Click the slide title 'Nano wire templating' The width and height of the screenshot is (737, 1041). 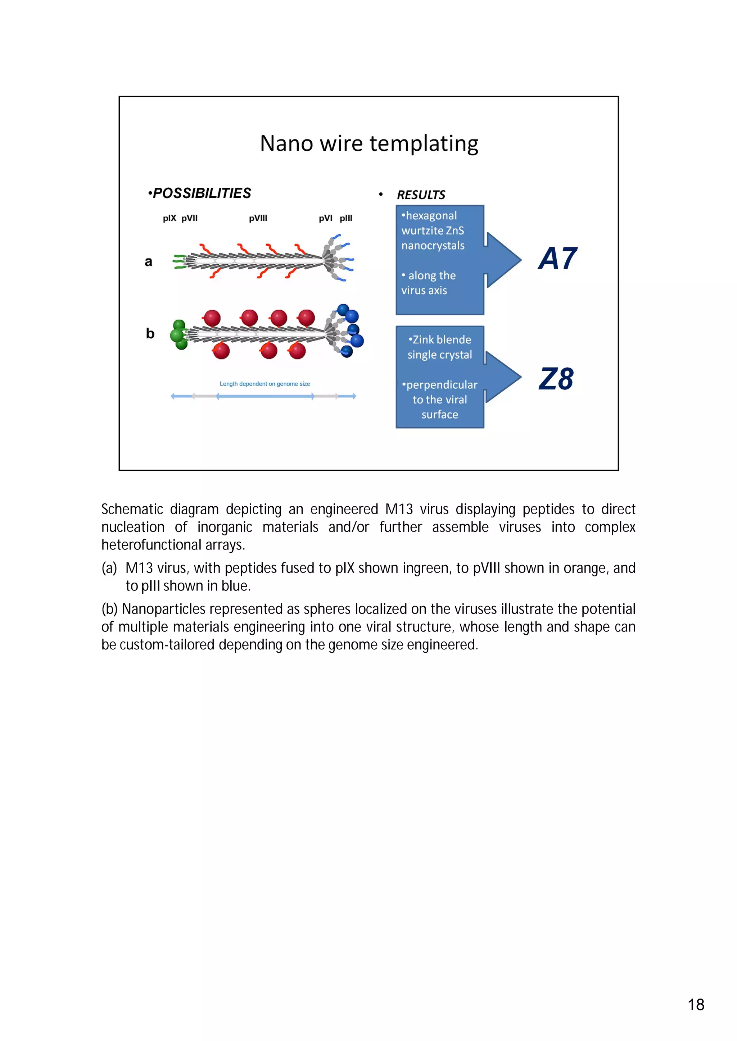coord(369,144)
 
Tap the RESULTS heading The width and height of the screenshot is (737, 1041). coord(421,195)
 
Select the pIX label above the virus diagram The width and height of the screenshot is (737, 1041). coord(169,218)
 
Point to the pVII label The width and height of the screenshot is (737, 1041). coord(190,218)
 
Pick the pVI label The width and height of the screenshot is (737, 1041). coord(325,218)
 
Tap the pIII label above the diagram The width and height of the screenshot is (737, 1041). coord(346,218)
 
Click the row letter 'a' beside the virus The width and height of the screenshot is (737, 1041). coord(148,262)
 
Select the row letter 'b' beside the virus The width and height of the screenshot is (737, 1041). coord(150,334)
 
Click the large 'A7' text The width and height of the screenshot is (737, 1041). coord(557,259)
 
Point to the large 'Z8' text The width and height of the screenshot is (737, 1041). coord(556,379)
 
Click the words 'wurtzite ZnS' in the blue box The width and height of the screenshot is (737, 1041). coord(433,231)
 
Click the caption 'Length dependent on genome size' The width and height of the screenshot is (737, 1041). coord(264,384)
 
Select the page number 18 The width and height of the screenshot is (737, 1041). coord(696,1004)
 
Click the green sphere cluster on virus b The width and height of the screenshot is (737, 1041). coord(179,335)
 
